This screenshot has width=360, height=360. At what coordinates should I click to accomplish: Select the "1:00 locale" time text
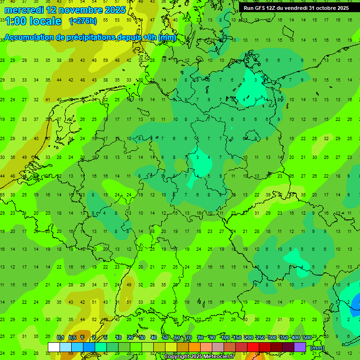click(x=33, y=21)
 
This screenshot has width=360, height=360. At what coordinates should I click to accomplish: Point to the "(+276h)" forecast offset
click(x=83, y=21)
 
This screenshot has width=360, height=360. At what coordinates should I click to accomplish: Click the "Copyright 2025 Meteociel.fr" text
click(x=199, y=357)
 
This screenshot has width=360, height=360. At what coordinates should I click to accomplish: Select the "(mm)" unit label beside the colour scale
click(x=317, y=348)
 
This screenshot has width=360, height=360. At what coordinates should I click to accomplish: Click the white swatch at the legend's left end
click(x=54, y=347)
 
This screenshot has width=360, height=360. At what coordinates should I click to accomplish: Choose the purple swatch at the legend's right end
click(x=300, y=347)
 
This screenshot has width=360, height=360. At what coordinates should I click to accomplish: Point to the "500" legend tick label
click(x=307, y=337)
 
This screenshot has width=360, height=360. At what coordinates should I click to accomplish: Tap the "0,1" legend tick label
click(x=60, y=337)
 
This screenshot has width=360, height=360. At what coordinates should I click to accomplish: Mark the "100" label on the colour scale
click(x=225, y=337)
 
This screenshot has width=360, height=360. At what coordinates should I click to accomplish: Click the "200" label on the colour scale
click(x=248, y=337)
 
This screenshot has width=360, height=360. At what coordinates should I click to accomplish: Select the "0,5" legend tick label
click(x=72, y=337)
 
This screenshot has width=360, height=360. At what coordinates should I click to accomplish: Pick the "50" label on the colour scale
click(x=165, y=337)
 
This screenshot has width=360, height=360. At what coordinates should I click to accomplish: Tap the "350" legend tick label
click(x=284, y=337)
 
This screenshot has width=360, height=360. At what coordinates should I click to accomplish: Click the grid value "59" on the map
click(x=106, y=60)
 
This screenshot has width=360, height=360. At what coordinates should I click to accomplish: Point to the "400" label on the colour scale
click(x=295, y=337)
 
